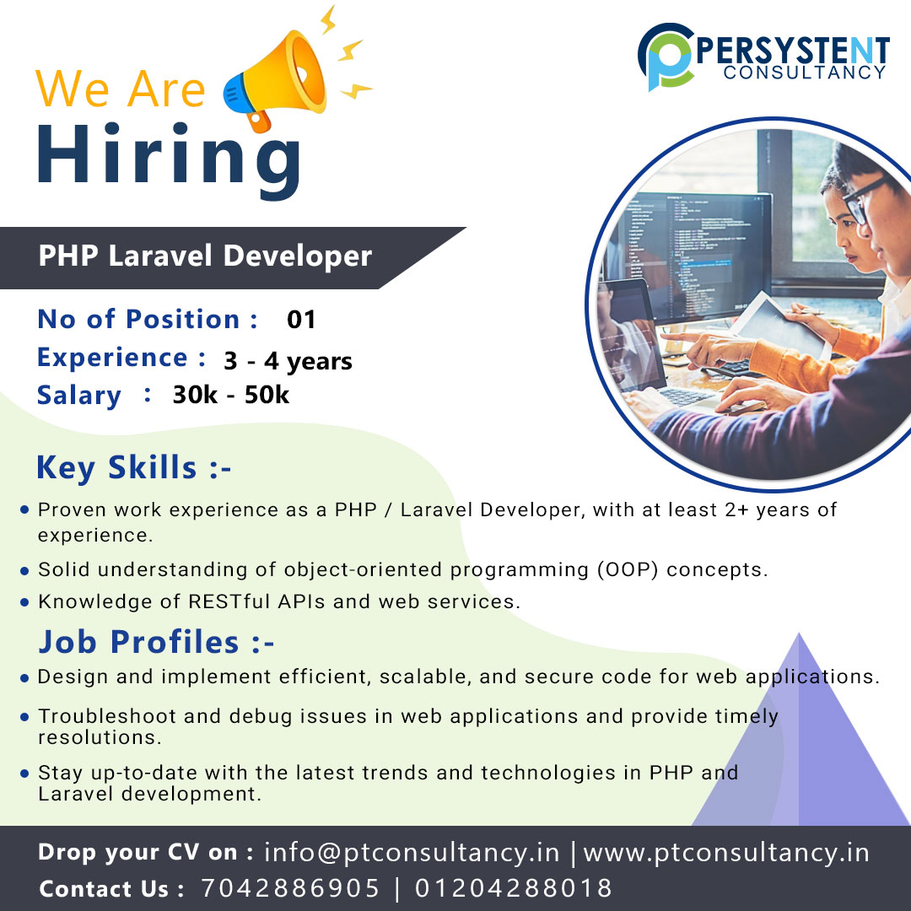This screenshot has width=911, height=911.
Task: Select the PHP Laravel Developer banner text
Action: coord(205,256)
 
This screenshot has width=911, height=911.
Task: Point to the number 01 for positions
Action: coord(301,320)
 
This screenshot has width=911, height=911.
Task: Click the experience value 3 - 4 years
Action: coord(288,361)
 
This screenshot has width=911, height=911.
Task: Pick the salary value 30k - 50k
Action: coord(230,395)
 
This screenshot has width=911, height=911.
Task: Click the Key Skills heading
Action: coord(133,467)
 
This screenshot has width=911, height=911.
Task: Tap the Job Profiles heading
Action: coord(156,642)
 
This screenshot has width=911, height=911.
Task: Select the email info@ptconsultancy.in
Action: coord(412,852)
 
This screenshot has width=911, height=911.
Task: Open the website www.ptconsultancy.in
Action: coord(726,852)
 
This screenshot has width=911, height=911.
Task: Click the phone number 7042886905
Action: coord(290,888)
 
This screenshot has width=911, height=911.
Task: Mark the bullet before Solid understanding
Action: coord(25,570)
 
